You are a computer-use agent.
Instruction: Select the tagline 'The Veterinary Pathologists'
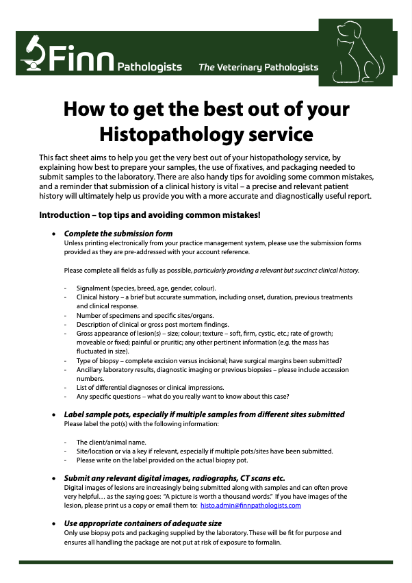tap(258, 67)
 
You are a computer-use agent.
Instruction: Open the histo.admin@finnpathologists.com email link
tap(250, 505)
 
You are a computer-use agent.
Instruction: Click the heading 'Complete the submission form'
tap(118, 234)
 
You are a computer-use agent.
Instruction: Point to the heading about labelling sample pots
tap(204, 414)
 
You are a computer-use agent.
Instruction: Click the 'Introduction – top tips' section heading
tap(149, 215)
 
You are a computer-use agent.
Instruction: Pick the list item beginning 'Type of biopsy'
tap(209, 360)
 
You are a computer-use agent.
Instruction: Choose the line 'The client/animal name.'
tap(112, 442)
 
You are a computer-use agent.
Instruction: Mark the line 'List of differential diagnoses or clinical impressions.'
tap(156, 387)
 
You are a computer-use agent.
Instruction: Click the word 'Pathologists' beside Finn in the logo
tap(149, 67)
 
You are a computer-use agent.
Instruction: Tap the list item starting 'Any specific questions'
tap(183, 396)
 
